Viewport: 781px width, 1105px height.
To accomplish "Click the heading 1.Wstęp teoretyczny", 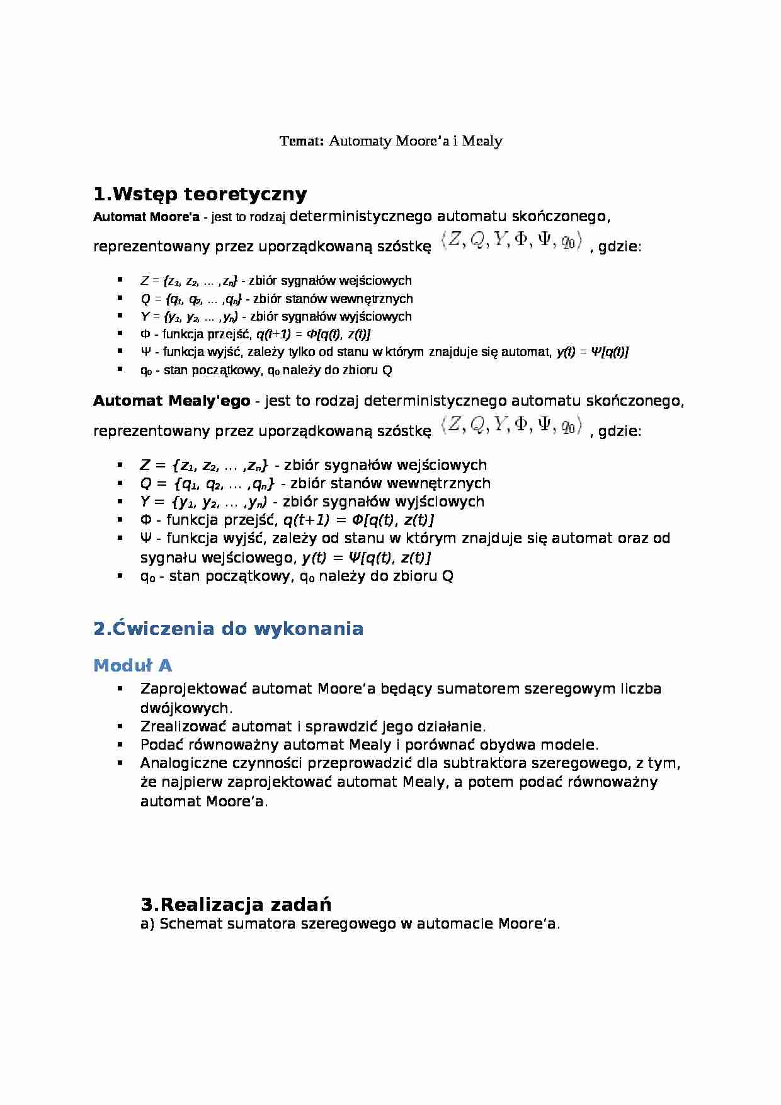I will [200, 193].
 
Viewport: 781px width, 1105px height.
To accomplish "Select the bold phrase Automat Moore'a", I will [146, 217].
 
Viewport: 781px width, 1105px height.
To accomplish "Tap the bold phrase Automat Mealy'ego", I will [171, 401].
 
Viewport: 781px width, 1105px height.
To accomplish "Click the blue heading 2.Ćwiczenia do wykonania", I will [228, 629].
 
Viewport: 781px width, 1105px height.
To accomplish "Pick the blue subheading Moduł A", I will [132, 665].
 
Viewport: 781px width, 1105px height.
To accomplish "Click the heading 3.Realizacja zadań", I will [236, 905].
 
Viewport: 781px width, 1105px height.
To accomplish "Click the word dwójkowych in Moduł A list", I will [186, 707].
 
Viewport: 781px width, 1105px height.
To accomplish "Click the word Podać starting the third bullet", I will [161, 745].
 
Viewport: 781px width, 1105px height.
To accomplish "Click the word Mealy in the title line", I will [482, 140].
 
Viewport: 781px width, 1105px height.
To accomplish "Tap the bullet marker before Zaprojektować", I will [119, 689].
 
